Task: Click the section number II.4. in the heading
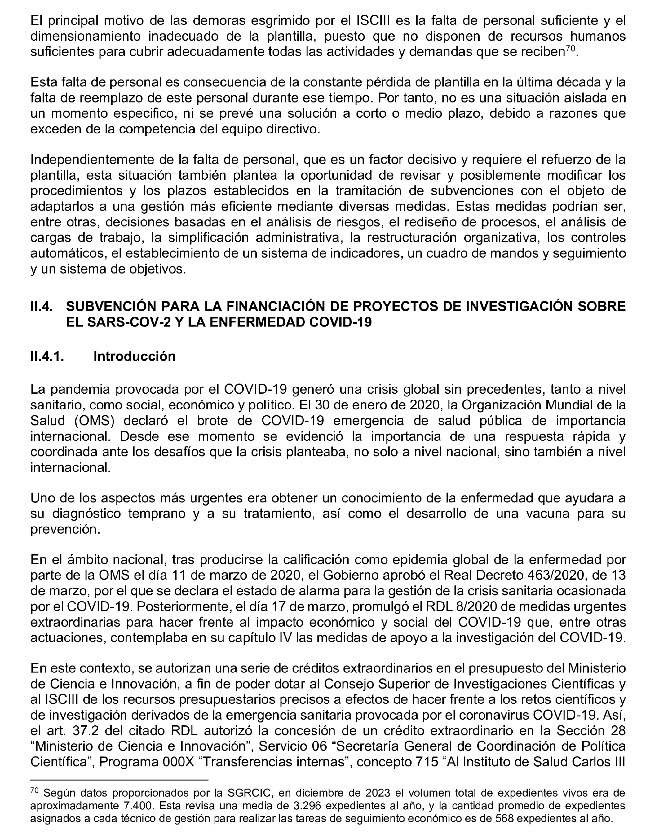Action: (41, 307)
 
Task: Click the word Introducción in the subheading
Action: (134, 356)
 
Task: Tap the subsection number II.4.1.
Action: (47, 356)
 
